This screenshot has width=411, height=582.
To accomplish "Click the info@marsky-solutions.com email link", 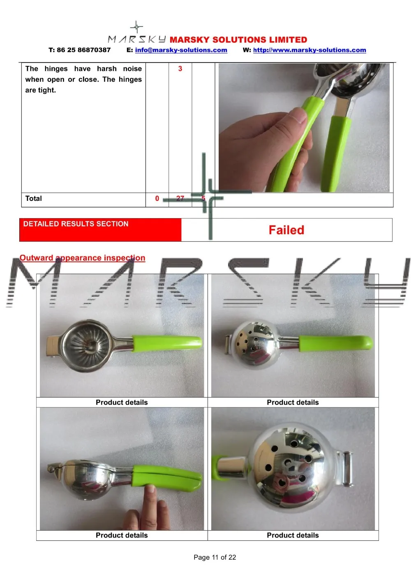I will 181,50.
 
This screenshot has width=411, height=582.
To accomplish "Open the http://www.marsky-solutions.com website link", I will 309,50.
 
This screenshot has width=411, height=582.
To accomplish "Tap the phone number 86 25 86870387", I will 83,50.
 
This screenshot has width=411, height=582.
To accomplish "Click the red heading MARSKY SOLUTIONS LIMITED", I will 238,40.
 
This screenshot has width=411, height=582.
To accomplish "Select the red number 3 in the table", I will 180,69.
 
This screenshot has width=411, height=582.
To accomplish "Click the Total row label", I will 34,199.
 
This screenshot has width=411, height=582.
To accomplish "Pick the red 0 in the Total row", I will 157,199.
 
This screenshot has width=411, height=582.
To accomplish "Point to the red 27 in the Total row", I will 180,199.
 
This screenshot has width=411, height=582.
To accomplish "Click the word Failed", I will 286,230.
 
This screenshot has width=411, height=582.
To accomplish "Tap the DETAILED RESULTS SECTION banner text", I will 76,224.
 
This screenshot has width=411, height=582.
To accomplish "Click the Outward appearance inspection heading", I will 82,258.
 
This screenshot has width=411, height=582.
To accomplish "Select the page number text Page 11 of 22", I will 215,557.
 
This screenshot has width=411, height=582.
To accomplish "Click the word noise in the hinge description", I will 132,69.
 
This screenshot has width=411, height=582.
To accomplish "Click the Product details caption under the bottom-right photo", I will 293,535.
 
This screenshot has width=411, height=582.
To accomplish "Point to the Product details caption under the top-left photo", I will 122,403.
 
